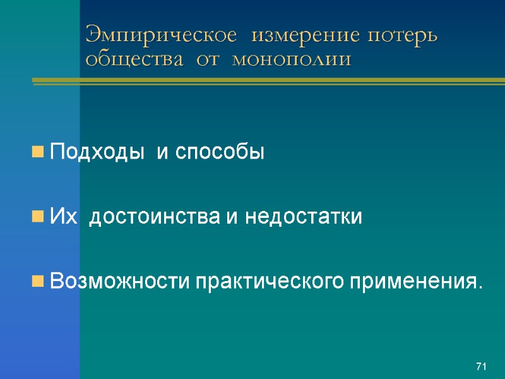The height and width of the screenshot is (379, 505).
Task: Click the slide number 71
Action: point(482,366)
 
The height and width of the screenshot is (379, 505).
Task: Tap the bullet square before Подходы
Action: point(38,152)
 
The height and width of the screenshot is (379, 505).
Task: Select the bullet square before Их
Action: point(38,217)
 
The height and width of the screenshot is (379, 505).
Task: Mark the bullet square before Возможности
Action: point(38,280)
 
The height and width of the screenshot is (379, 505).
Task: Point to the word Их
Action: point(63,217)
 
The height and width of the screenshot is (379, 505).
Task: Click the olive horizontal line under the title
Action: point(265,81)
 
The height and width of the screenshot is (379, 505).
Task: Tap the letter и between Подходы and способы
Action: point(162,153)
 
